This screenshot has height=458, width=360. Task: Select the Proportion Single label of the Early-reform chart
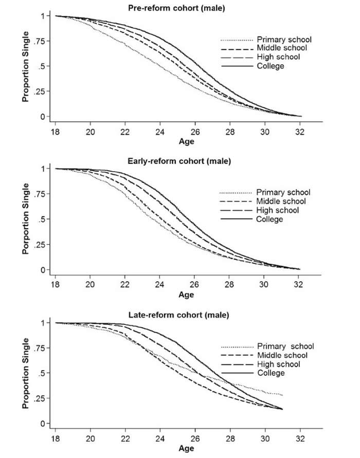25,219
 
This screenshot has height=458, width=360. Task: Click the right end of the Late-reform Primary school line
282,395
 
